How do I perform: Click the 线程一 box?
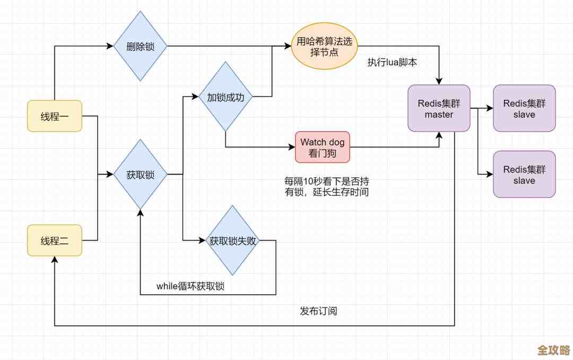55,116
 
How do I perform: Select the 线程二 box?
55,240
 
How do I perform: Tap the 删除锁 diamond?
141,46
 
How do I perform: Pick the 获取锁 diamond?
141,174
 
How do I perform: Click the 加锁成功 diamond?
225,97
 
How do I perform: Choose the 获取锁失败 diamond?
232,241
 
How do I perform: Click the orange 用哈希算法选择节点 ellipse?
324,46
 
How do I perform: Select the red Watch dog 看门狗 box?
323,147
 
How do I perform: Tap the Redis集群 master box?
439,108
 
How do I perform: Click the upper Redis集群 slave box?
524,108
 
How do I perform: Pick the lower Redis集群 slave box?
524,174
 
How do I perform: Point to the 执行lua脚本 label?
392,62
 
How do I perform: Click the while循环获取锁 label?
190,286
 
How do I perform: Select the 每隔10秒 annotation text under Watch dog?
326,186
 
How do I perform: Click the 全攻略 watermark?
553,350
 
